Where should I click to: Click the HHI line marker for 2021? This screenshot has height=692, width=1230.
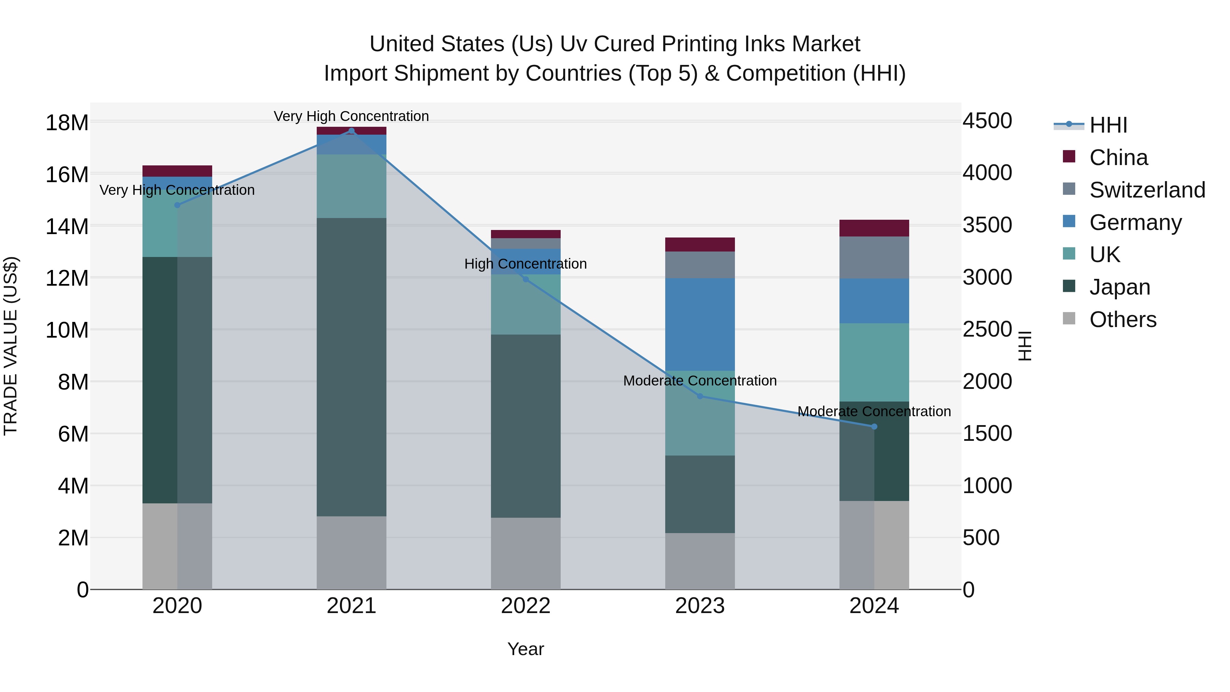tap(352, 131)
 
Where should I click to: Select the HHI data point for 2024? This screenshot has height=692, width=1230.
tap(874, 426)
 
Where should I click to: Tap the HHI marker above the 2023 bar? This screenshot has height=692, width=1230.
tap(700, 396)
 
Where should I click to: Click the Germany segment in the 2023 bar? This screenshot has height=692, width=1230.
tap(700, 324)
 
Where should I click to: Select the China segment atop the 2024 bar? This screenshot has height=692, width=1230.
tap(874, 228)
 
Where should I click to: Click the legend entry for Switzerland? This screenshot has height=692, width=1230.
tap(1147, 190)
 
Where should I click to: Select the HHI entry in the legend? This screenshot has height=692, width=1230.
tap(1108, 125)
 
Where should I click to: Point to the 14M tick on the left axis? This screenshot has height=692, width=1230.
tap(67, 226)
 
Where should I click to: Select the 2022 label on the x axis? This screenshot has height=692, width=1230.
tap(526, 606)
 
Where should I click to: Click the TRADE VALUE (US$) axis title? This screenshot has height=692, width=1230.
tap(11, 346)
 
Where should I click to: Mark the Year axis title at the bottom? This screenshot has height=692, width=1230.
tap(526, 649)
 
